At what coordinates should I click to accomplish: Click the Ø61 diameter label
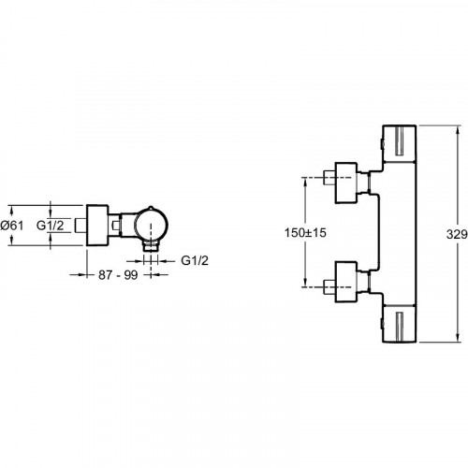click(x=12, y=226)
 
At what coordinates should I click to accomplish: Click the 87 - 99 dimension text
click(x=118, y=275)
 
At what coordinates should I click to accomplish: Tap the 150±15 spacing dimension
click(x=305, y=232)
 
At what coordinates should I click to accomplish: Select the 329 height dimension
click(x=457, y=234)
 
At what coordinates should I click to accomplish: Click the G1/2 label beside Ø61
click(x=50, y=226)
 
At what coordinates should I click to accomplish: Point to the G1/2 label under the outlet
click(x=195, y=260)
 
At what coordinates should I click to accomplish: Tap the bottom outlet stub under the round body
click(x=151, y=246)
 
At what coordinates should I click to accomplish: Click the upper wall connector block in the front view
click(x=345, y=183)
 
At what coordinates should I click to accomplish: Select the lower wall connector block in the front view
click(x=345, y=282)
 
